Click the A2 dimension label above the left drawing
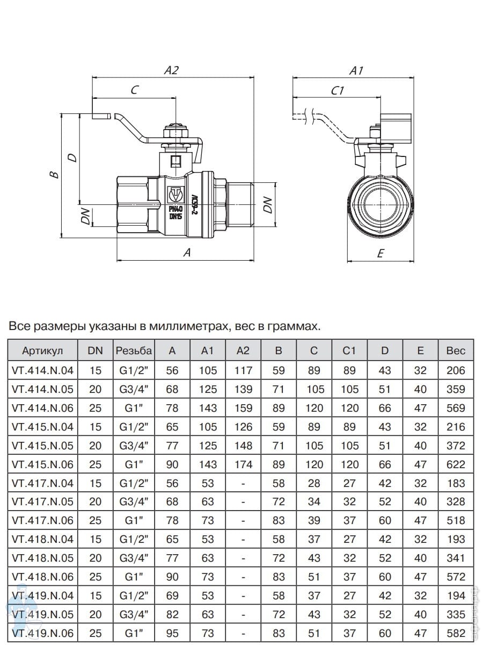[x=171, y=70]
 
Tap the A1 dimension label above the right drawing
[x=356, y=70]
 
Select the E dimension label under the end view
[x=380, y=254]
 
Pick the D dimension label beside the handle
[x=72, y=157]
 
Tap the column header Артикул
[x=42, y=350]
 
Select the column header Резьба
[x=133, y=350]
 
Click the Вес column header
[x=456, y=350]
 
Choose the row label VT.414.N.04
[x=42, y=370]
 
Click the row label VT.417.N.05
[x=42, y=501]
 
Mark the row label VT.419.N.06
[x=42, y=633]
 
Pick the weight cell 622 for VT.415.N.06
[x=456, y=464]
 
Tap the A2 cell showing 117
[x=243, y=370]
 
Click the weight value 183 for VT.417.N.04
[x=456, y=483]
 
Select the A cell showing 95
[x=172, y=633]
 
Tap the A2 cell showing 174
[x=243, y=464]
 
